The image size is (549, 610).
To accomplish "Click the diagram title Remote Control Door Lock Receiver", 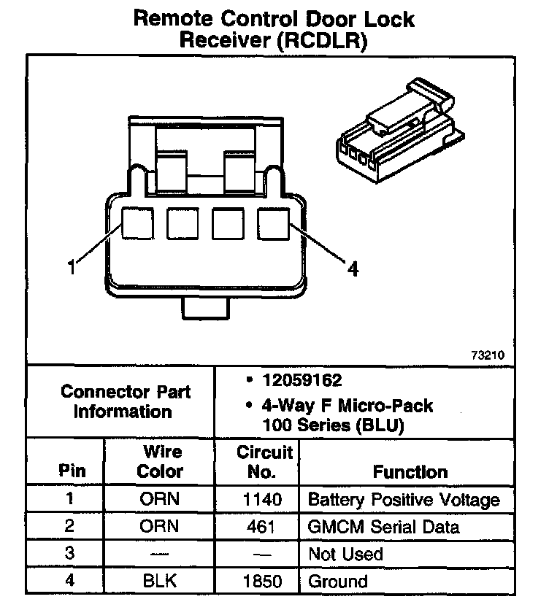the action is coord(274,29).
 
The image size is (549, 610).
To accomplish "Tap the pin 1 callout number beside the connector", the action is coord(72,268).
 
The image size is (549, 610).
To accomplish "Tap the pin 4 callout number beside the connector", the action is coord(353,269).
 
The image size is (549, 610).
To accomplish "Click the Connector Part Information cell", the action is coord(125,401).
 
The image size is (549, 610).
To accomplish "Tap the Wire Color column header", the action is coord(160,461).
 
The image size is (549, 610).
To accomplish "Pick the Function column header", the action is coord(410,471).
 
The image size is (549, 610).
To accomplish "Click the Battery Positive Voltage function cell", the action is coord(404,501).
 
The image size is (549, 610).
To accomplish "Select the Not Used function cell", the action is coord(345,555).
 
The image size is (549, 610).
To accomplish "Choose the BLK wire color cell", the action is coord(160,582).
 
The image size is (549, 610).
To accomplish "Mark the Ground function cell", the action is coord(338,582).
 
